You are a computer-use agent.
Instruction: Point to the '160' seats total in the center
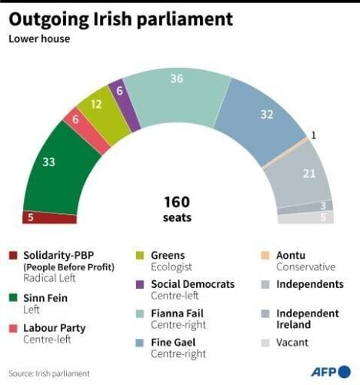point(177,202)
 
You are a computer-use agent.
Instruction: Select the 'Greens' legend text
point(167,255)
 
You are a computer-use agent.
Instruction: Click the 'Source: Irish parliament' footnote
point(49,373)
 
